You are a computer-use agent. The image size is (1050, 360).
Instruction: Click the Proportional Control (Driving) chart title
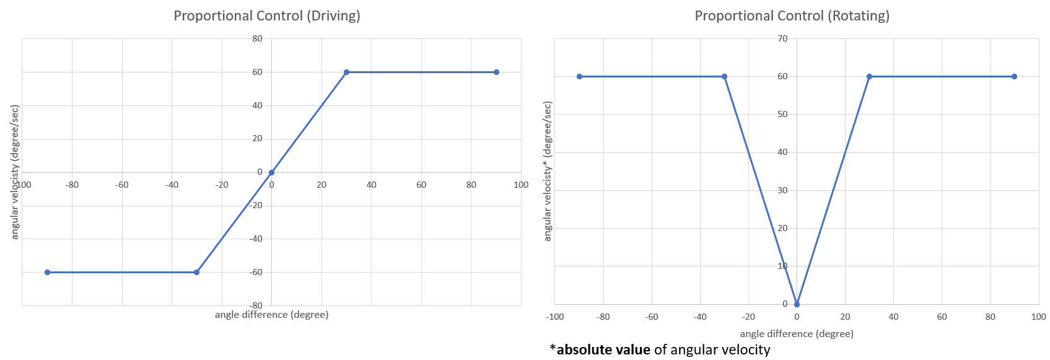(266, 15)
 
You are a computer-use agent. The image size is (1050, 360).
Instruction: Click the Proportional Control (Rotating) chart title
(792, 15)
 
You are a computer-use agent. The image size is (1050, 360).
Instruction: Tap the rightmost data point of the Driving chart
(496, 72)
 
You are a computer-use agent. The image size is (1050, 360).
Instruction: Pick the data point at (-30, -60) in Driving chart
(197, 272)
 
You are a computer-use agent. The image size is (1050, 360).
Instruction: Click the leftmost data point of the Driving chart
(47, 272)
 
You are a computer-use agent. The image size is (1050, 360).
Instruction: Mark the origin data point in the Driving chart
(271, 172)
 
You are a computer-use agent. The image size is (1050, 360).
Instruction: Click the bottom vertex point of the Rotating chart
(797, 304)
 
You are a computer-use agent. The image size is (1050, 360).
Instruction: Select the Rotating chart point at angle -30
(724, 77)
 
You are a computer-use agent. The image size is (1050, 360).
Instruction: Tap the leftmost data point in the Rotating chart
(579, 77)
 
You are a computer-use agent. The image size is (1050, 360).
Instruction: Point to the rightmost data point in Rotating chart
(1014, 77)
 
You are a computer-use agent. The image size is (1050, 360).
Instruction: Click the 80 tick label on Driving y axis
(257, 38)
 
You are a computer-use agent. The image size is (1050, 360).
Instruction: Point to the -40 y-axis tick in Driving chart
(256, 239)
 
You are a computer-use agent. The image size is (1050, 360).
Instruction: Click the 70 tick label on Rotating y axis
(782, 38)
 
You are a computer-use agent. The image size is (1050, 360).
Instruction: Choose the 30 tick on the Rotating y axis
(782, 190)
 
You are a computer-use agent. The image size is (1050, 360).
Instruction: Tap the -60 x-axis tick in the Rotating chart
(652, 317)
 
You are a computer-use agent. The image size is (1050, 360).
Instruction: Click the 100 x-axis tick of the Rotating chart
(1038, 317)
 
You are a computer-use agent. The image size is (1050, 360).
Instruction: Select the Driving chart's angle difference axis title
(271, 315)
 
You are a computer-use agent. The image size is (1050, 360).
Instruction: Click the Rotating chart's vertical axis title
(547, 172)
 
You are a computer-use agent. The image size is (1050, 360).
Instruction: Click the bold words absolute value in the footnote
(603, 350)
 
